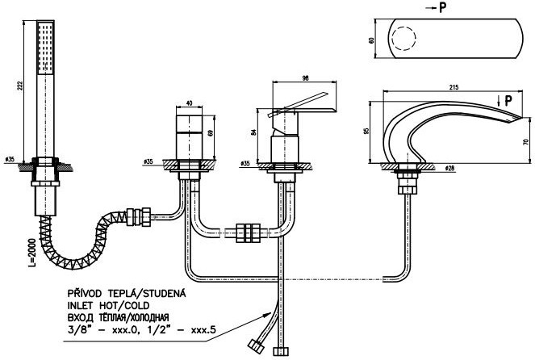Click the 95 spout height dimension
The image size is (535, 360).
pos(368,131)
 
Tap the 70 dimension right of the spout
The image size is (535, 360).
pos(525,141)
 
